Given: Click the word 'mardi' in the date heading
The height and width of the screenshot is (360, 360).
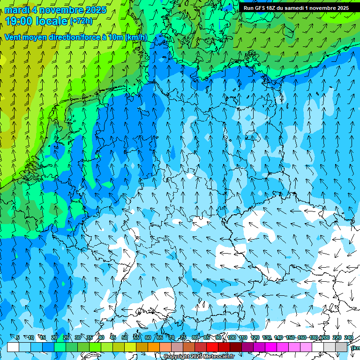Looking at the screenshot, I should (x=17, y=10).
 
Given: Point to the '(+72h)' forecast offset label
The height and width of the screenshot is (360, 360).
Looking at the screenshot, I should (x=81, y=21).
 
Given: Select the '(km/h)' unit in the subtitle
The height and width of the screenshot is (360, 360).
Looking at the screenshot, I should (x=136, y=37).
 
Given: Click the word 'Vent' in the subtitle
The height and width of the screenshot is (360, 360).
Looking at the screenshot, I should (x=14, y=37).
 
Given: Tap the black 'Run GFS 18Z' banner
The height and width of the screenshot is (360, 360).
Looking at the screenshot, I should (x=296, y=8).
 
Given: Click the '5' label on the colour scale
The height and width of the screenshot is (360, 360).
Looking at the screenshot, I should (x=17, y=337).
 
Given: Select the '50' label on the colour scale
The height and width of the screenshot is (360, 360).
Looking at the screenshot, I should (x=124, y=337).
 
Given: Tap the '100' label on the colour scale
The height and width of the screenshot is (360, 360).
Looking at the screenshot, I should (x=231, y=337).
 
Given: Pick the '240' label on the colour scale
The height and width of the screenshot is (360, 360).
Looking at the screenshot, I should (x=348, y=337).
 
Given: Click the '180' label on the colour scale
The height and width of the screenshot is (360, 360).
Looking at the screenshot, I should (x=313, y=337).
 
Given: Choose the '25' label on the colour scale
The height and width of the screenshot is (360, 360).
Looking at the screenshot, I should (x=66, y=337).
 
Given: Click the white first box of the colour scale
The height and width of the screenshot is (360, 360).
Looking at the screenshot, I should (x=13, y=347).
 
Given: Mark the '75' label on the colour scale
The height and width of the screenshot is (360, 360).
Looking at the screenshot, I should (x=183, y=337).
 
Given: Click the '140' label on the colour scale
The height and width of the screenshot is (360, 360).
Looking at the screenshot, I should (x=278, y=337).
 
